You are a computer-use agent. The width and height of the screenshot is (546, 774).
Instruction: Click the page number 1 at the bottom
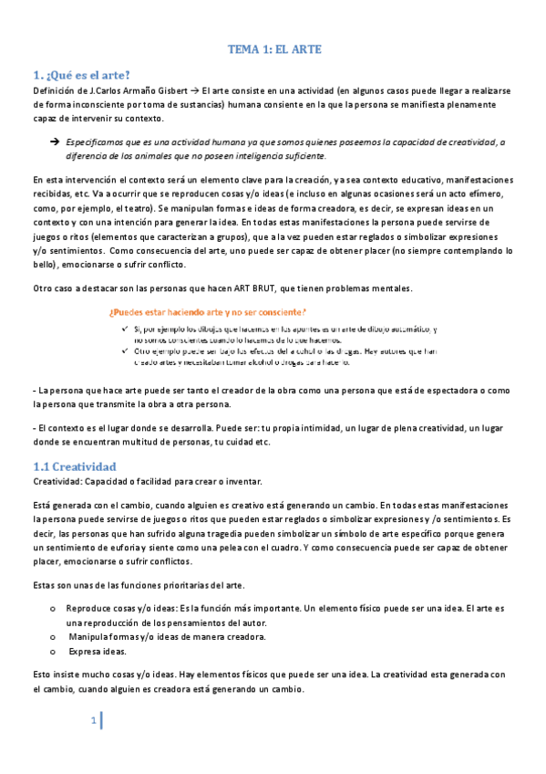(93, 722)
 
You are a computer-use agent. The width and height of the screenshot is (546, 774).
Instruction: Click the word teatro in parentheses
(143, 209)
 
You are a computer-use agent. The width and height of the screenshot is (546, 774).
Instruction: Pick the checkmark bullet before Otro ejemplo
(123, 350)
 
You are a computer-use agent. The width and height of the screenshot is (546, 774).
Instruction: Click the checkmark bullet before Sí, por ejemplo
(123, 329)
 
